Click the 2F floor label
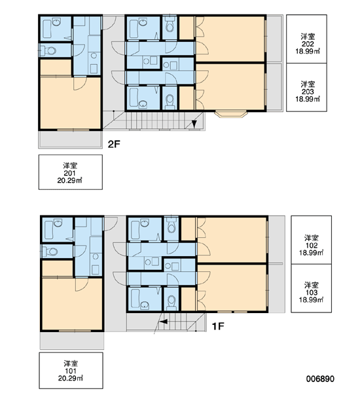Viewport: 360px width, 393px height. [114, 144]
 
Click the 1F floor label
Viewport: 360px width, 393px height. [218, 326]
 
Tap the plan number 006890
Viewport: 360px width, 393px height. [320, 379]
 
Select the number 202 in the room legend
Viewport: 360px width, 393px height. [308, 44]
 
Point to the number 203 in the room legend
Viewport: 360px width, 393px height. [308, 92]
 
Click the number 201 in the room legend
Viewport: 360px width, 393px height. [69, 173]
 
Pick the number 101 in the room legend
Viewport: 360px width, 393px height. [71, 371]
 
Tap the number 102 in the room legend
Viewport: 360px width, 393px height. [312, 246]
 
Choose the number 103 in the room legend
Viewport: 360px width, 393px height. [312, 293]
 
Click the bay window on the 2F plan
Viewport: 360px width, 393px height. [231, 114]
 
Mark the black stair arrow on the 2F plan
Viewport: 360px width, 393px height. [194, 124]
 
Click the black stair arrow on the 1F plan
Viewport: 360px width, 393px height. [164, 322]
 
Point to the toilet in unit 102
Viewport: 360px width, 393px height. [171, 226]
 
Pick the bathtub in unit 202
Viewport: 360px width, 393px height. [134, 29]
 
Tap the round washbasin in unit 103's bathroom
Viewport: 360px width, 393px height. [145, 305]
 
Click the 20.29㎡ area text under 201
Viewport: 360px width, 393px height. [69, 181]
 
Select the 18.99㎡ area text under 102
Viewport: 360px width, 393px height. [312, 253]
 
